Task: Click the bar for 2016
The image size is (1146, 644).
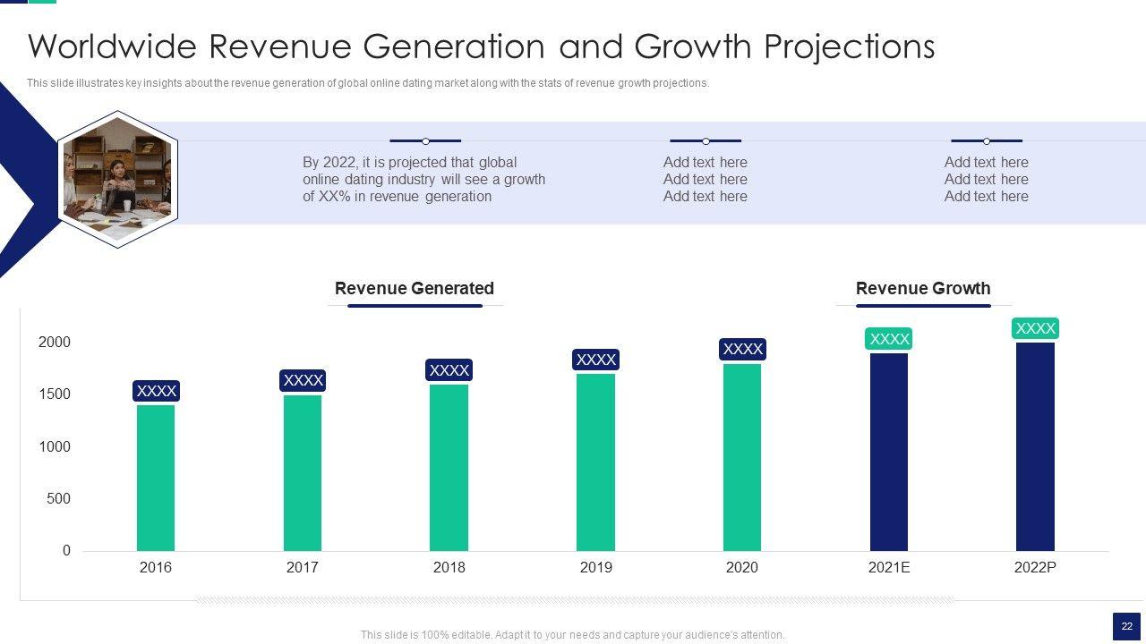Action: coord(156,478)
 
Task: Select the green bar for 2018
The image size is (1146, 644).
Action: coord(449,467)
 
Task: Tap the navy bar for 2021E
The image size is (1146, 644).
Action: coord(889,452)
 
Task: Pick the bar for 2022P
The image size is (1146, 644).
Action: coord(1035,446)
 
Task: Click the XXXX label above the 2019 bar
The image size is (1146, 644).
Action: coord(595,360)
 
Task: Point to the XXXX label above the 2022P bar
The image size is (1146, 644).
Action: coord(1035,328)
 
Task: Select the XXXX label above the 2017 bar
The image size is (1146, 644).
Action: coord(303,380)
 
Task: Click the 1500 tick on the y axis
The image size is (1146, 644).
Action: coord(55,394)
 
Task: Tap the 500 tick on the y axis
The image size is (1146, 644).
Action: coord(58,498)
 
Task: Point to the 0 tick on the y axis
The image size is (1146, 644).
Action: coord(66,551)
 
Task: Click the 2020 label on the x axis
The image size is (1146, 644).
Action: coord(741,567)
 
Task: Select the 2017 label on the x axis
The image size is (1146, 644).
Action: coord(303,567)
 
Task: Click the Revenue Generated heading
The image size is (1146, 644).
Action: coord(415,288)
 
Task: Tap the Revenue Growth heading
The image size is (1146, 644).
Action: coord(923,288)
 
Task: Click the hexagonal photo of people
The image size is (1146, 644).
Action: coord(117,179)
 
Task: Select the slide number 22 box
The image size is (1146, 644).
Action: coord(1126,627)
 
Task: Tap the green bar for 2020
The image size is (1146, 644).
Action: coord(742,457)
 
